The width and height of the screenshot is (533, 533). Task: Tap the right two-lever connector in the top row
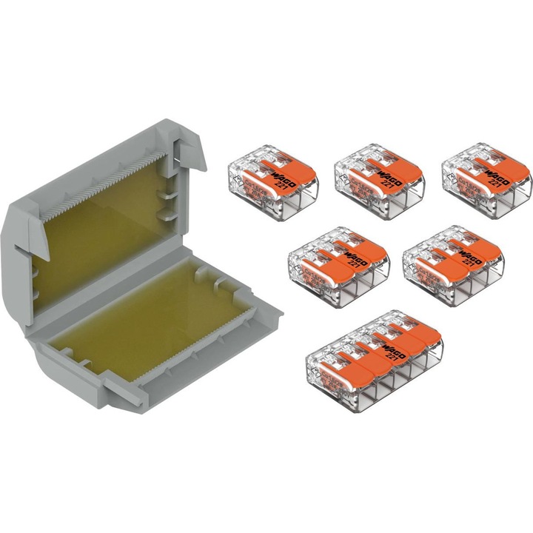486,174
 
